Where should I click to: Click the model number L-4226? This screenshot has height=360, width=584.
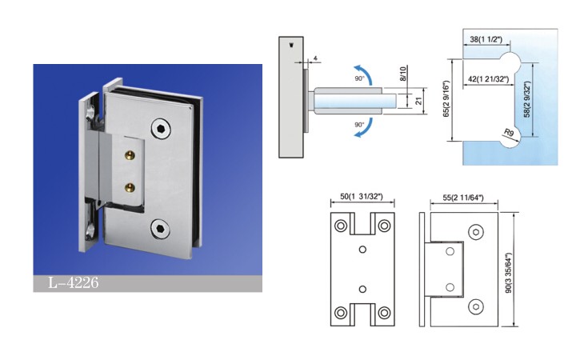pyautogui.click(x=74, y=283)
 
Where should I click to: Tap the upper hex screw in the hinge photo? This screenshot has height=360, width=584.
pyautogui.click(x=161, y=129)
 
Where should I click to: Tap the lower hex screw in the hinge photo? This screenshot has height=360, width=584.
pyautogui.click(x=161, y=228)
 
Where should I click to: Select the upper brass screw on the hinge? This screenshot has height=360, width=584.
pyautogui.click(x=130, y=154)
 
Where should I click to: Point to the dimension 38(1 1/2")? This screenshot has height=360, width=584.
pyautogui.click(x=486, y=39)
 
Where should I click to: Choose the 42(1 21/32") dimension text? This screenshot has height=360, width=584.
pyautogui.click(x=488, y=79)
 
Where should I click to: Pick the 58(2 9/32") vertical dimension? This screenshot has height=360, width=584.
pyautogui.click(x=526, y=99)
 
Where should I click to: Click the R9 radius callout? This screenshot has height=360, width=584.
pyautogui.click(x=508, y=132)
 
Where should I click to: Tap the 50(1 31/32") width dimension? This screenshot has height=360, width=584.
pyautogui.click(x=362, y=196)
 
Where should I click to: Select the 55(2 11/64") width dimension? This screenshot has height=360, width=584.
pyautogui.click(x=463, y=198)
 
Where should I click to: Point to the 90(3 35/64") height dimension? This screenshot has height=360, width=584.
pyautogui.click(x=508, y=273)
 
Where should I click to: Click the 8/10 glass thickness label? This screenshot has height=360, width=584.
pyautogui.click(x=403, y=74)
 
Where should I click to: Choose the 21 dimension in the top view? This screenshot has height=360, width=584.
pyautogui.click(x=418, y=101)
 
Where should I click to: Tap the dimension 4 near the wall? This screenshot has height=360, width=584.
pyautogui.click(x=315, y=58)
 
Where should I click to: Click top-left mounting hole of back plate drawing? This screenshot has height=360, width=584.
pyautogui.click(x=341, y=226)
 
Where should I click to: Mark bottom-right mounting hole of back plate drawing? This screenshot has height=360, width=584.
pyautogui.click(x=384, y=313)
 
